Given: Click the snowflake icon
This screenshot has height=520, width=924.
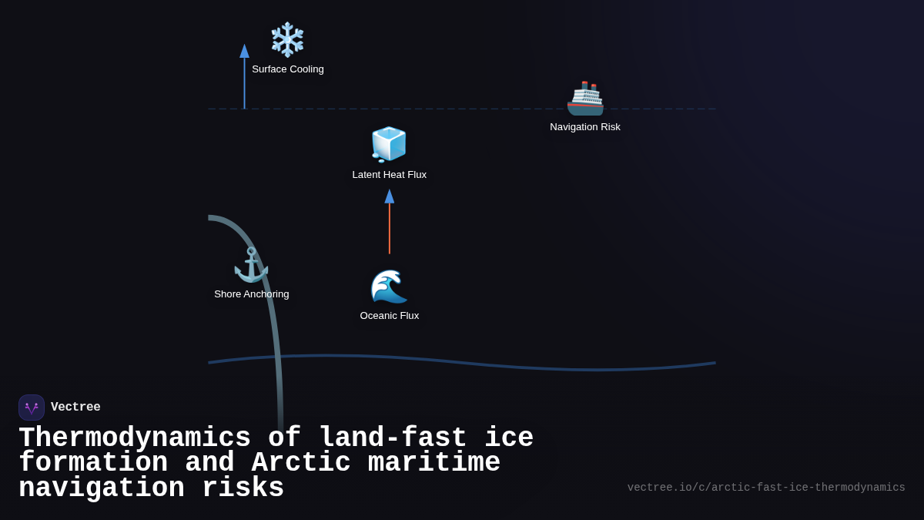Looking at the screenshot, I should [287, 39].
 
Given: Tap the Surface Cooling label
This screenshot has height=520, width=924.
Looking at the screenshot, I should [288, 69].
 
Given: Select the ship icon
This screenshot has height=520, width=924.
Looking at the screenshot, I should [585, 99].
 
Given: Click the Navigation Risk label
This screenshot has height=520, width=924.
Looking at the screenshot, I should [585, 127].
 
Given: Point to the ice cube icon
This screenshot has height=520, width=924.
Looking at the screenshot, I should [389, 144].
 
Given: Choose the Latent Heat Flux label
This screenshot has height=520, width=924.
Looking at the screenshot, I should [390, 175].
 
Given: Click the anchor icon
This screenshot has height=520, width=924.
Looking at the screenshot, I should [251, 265].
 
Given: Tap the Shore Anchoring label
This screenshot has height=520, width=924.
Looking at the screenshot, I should [252, 294].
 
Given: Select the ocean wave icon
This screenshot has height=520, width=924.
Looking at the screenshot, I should [389, 287].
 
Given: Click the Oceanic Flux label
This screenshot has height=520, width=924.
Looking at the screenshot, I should [390, 316].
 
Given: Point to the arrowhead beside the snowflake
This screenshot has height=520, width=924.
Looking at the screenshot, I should [244, 51].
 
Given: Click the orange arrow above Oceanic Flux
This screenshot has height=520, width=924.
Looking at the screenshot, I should [390, 227].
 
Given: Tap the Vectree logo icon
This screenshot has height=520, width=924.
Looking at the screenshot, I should [32, 408].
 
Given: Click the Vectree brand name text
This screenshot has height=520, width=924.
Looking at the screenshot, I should [75, 408].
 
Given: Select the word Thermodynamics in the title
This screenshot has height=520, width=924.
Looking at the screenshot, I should [135, 438].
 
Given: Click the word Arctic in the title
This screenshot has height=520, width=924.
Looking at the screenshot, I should [301, 463].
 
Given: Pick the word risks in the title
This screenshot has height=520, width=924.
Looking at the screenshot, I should [243, 488].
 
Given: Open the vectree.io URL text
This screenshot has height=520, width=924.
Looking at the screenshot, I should [766, 488].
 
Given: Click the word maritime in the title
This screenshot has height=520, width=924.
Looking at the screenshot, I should [434, 463].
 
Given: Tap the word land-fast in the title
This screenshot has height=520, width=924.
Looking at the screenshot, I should [393, 438].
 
